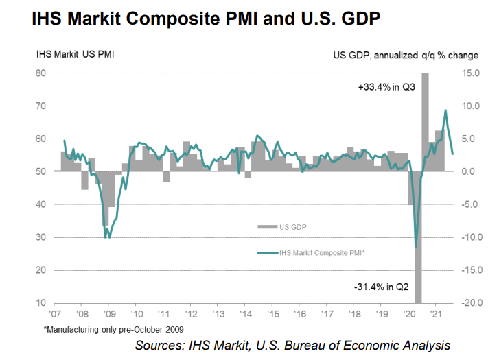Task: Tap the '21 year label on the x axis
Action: (x=434, y=315)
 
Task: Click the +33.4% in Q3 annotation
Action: (x=386, y=88)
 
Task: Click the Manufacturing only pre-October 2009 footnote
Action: (x=113, y=330)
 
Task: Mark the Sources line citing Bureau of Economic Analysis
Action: (x=292, y=345)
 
